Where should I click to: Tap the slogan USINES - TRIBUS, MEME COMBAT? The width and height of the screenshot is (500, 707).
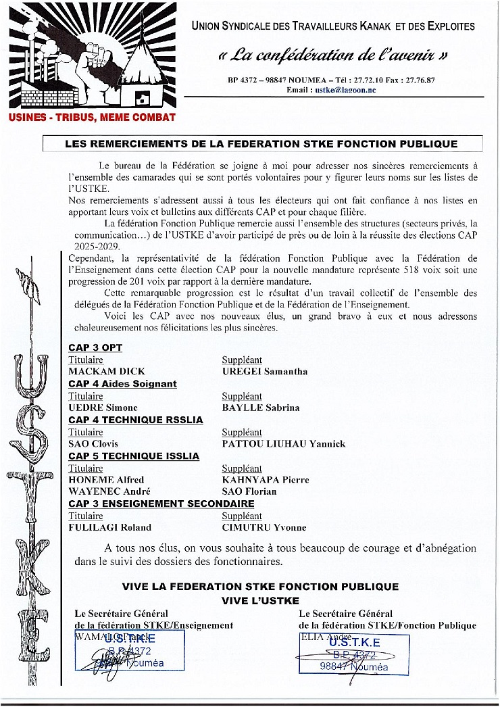point(92,117)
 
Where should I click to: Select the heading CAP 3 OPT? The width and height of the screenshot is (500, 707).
point(95,347)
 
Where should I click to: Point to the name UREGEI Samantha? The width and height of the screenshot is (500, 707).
point(265,372)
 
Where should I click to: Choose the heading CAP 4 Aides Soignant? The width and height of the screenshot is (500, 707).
point(122,384)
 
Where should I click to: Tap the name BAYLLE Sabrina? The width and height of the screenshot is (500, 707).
point(261,408)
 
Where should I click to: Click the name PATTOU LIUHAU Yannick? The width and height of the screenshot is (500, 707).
point(284,444)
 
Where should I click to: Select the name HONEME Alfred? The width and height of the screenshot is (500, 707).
point(106,480)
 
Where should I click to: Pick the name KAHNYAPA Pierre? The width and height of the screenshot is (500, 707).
point(266,480)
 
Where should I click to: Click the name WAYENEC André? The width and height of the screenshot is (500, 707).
point(109,491)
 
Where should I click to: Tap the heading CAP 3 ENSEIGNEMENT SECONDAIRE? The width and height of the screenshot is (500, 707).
point(161,504)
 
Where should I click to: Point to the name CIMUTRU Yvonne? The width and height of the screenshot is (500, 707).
point(264,527)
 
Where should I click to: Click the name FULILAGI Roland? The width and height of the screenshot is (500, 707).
point(110,527)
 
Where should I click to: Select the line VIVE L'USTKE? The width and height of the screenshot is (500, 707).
point(260,600)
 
